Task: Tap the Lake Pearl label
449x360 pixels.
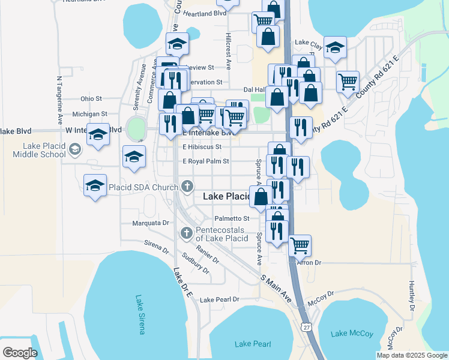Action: (253, 344)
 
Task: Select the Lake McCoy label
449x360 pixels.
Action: (352, 334)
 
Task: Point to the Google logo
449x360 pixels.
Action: (20, 353)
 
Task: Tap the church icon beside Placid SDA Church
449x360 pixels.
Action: (187, 187)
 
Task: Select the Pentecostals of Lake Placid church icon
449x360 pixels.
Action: (186, 232)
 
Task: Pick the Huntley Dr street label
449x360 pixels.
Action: (412, 295)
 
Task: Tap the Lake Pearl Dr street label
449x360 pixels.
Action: (220, 299)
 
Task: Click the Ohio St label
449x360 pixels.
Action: (91, 98)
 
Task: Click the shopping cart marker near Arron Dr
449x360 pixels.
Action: (300, 245)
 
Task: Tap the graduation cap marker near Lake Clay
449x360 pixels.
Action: (336, 46)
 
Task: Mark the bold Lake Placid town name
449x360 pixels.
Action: (226, 196)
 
